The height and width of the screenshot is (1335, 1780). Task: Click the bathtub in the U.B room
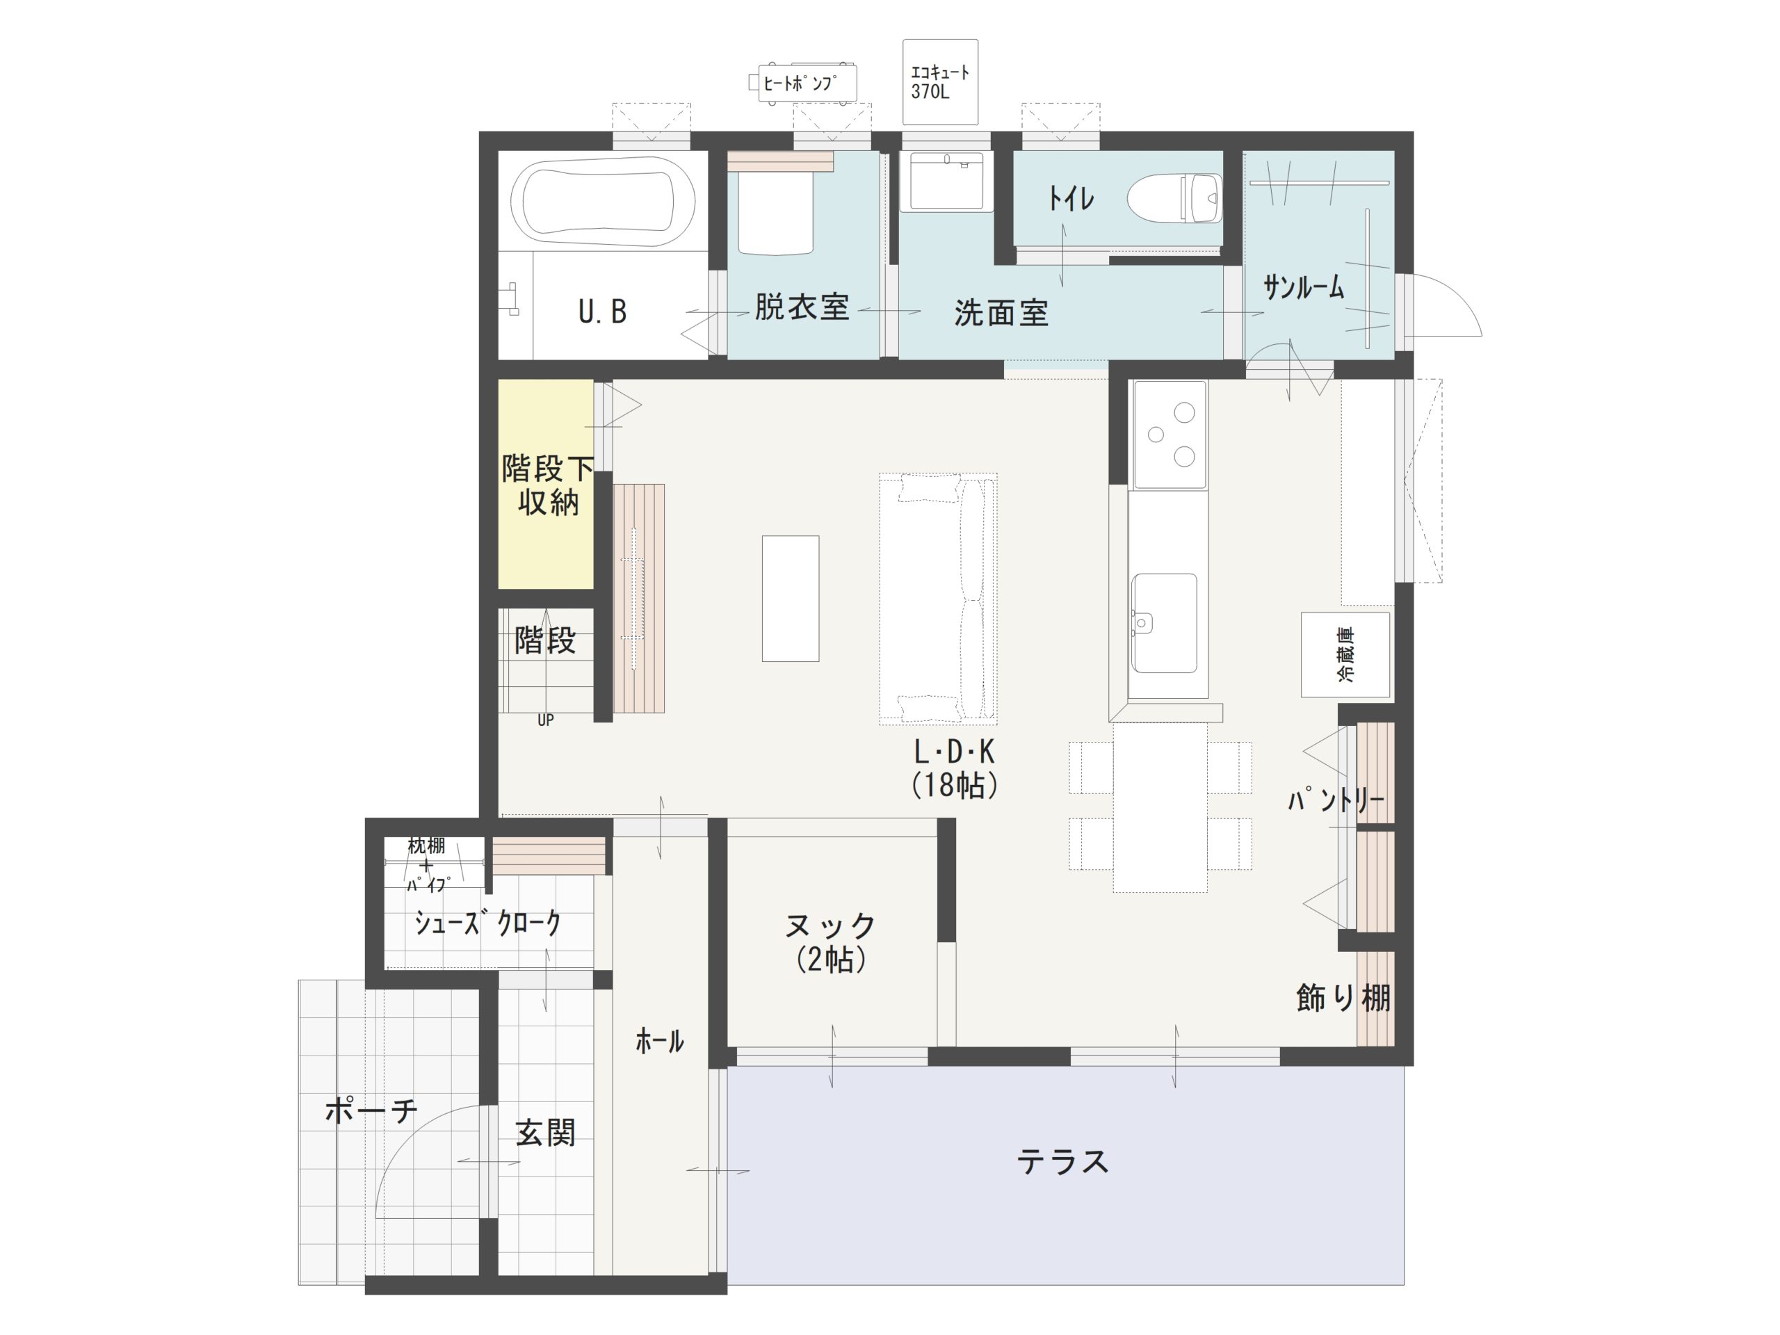click(x=603, y=201)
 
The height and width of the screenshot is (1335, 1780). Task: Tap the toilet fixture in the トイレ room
click(x=1174, y=198)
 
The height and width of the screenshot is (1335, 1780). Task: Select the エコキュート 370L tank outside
click(x=940, y=82)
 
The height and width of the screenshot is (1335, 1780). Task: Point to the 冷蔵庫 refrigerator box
click(x=1345, y=654)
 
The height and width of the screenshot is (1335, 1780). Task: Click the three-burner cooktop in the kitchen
click(x=1170, y=435)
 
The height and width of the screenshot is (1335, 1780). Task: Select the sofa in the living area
click(x=938, y=598)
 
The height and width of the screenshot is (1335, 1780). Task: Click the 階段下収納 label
click(x=547, y=485)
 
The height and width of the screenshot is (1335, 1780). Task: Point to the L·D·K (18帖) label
click(x=955, y=768)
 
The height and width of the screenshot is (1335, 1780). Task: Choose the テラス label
click(x=1062, y=1162)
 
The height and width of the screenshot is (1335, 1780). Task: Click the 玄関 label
click(x=546, y=1133)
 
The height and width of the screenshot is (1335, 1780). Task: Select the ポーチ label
click(x=372, y=1110)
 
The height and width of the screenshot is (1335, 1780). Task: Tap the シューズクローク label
click(x=487, y=922)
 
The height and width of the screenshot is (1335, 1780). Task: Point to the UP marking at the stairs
click(x=546, y=720)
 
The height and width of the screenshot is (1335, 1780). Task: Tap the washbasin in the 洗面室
click(x=946, y=181)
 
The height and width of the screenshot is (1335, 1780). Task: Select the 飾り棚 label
click(x=1343, y=998)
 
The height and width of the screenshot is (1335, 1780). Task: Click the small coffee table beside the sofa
click(x=790, y=599)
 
